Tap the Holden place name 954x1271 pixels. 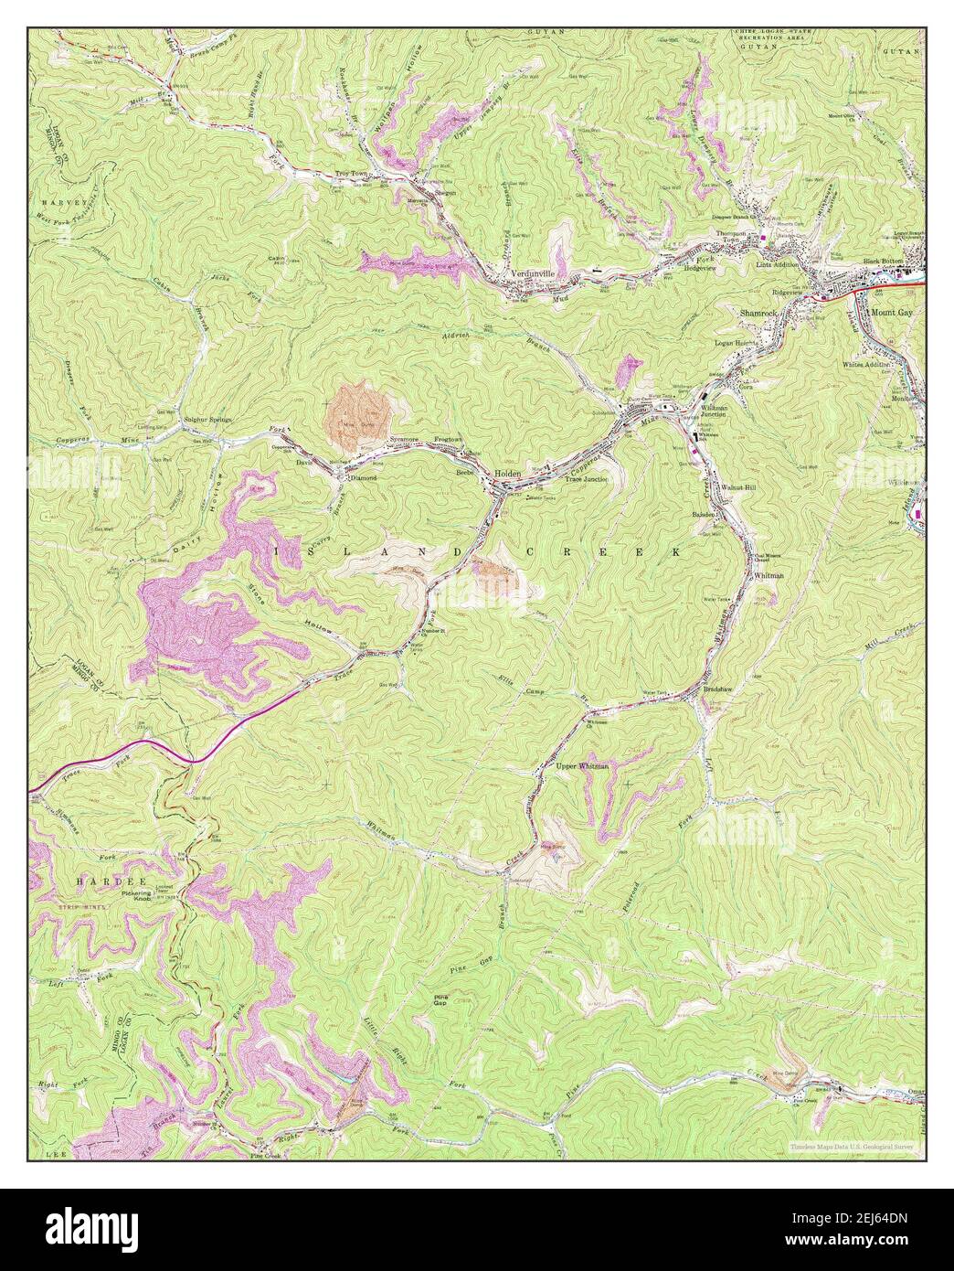point(507,473)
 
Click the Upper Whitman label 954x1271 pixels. point(582,765)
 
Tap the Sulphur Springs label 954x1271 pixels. point(208,419)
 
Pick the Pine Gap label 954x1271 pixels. point(443,999)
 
